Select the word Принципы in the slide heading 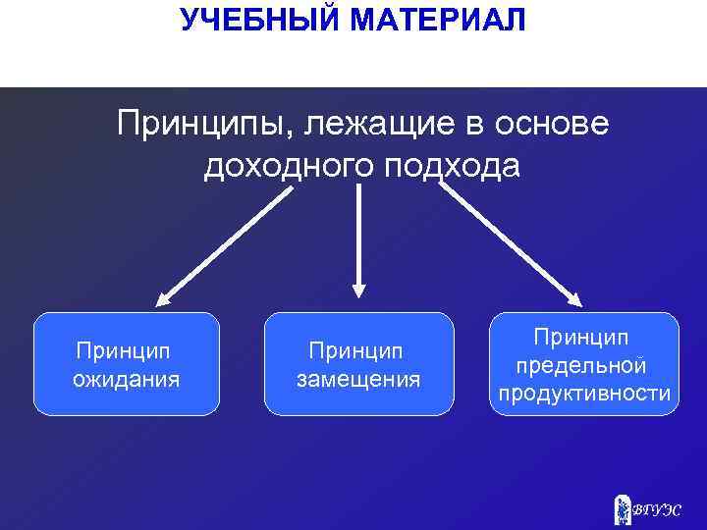204,125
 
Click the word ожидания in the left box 126,379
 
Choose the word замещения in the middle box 358,379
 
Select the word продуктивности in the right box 584,394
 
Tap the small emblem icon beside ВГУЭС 621,508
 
